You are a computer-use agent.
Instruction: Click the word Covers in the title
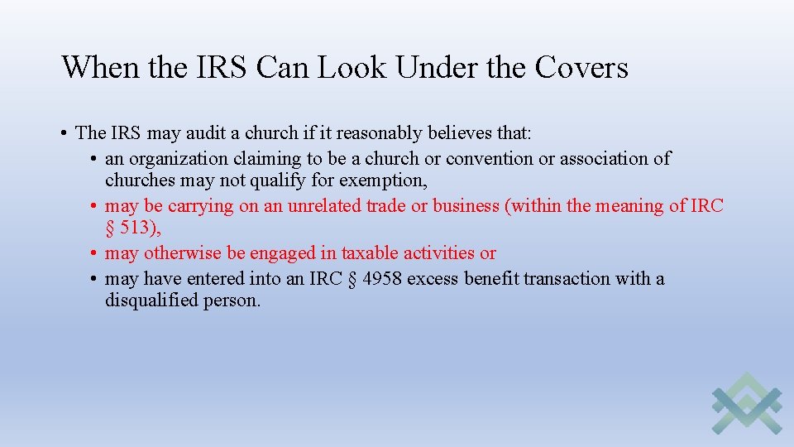[x=581, y=68]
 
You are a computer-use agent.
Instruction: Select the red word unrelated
[x=326, y=206]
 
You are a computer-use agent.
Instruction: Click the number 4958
[x=382, y=278]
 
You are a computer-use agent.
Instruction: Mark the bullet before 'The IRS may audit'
[x=63, y=133]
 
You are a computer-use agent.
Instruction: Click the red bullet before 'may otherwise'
[x=95, y=253]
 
